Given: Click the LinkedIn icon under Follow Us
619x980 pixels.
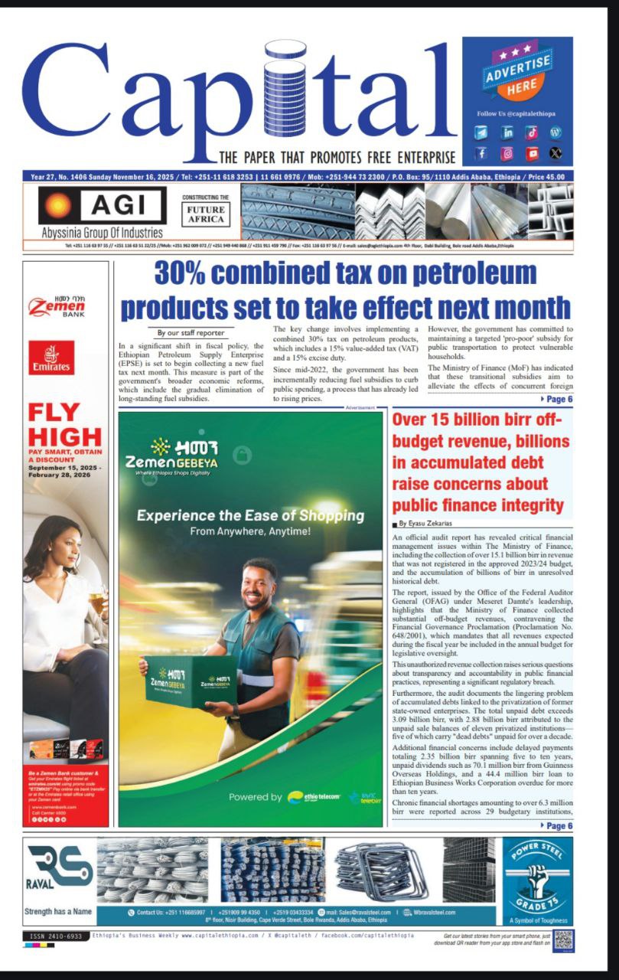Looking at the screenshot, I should [507, 132].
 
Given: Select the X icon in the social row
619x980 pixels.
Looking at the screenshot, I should [555, 154].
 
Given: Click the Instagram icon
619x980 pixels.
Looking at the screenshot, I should [507, 154].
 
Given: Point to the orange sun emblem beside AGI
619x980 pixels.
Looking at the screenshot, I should [56, 207].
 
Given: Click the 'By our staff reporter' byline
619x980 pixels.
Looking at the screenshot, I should [191, 333].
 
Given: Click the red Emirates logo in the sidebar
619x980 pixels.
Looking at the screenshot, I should [52, 358].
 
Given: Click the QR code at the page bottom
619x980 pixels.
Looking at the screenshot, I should [563, 939].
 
